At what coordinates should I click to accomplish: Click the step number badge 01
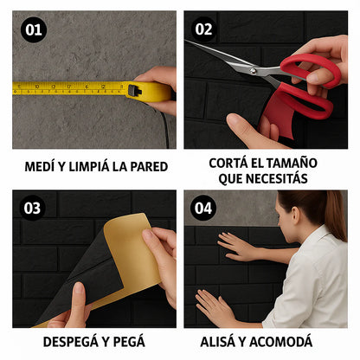(34, 29)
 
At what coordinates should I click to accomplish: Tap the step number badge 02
(203, 29)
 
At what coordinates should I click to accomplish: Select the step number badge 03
(32, 208)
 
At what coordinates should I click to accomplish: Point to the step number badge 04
(203, 208)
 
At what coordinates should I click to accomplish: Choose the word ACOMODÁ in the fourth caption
(280, 342)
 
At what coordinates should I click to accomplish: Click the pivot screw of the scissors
(253, 71)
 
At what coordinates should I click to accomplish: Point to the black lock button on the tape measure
(134, 91)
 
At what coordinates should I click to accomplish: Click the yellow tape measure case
(149, 92)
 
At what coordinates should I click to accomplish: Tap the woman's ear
(296, 214)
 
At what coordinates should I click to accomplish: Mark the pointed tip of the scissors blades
(185, 41)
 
